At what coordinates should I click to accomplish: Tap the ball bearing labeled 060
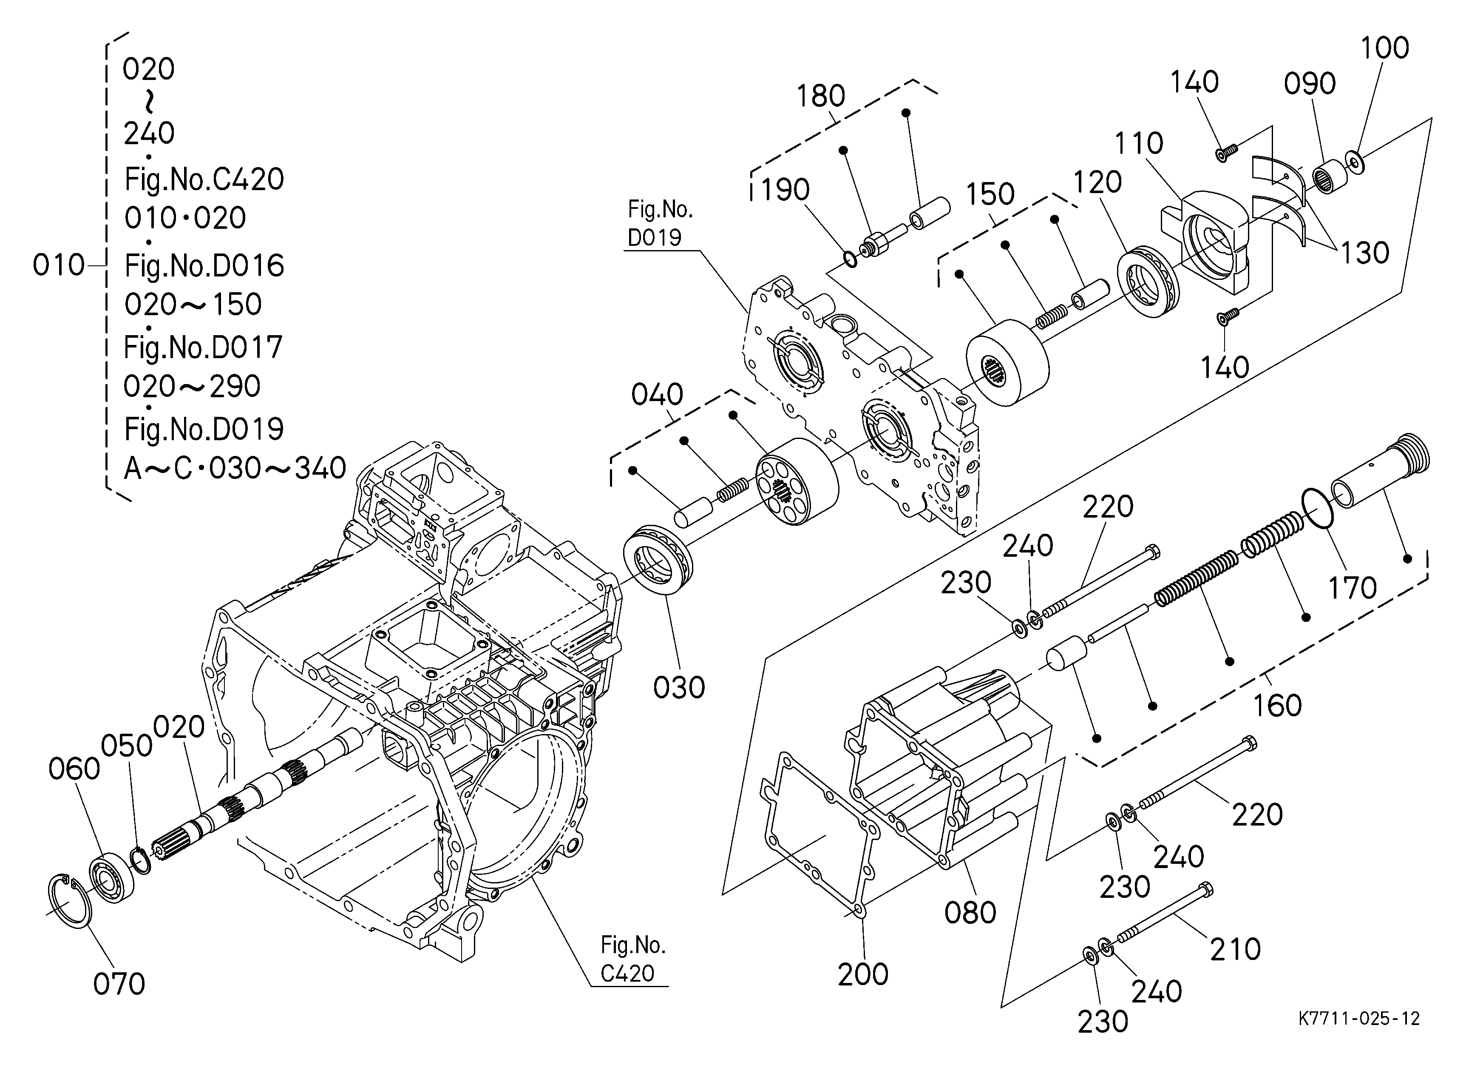111,879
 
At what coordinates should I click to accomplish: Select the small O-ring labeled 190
851,259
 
